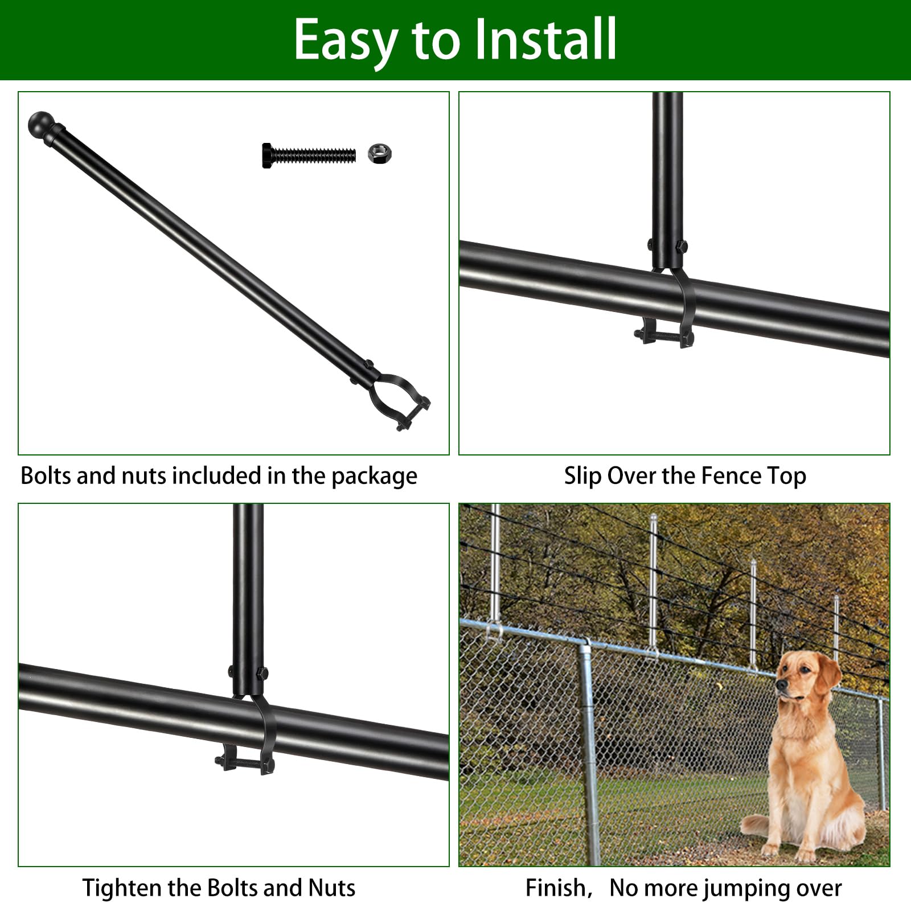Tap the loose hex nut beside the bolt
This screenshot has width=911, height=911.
pos(380,153)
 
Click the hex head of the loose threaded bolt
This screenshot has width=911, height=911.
pos(268,155)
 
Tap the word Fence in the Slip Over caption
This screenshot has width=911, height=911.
pos(731,475)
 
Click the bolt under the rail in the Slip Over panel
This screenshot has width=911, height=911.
pos(664,338)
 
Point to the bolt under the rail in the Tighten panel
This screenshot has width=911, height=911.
pos(245,762)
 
